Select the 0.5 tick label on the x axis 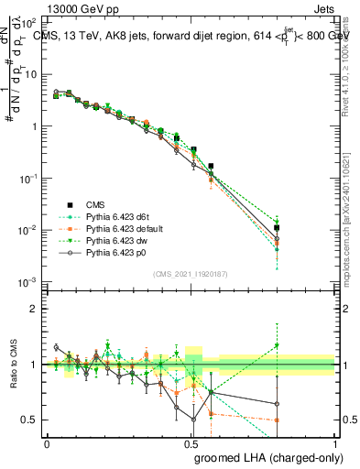tap(191, 443)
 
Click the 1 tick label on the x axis tap(335, 443)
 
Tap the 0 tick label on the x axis tap(47, 443)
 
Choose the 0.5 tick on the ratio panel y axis tap(30, 420)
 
